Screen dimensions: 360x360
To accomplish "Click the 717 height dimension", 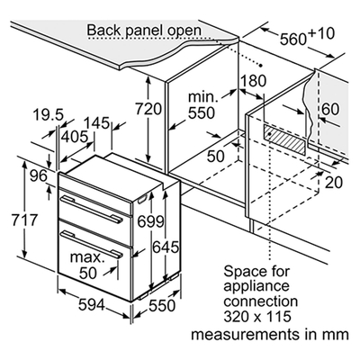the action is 24,220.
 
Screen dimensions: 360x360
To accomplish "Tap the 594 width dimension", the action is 92,305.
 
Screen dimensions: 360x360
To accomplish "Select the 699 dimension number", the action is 150,221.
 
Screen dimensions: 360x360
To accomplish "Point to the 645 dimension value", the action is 166,247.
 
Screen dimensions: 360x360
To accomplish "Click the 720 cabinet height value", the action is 148,109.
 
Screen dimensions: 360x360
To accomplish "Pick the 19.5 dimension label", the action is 48,115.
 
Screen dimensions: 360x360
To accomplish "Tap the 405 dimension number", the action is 75,137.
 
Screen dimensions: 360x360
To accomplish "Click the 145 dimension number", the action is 96,123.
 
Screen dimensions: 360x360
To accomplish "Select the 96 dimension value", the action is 39,175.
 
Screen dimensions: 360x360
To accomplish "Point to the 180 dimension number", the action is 254,80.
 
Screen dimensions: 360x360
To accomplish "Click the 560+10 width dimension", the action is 307,36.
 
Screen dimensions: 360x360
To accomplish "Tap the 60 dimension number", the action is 330,109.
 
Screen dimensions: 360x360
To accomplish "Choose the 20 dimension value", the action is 334,182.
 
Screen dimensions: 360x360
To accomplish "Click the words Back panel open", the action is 144,31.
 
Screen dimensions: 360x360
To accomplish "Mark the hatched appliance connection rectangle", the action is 285,139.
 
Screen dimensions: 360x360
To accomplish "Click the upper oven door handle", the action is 91,209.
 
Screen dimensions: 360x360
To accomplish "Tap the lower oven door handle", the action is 91,244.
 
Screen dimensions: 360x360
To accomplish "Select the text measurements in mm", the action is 270,334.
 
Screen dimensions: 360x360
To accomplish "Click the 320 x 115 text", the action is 257,316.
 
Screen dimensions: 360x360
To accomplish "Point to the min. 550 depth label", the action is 202,105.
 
